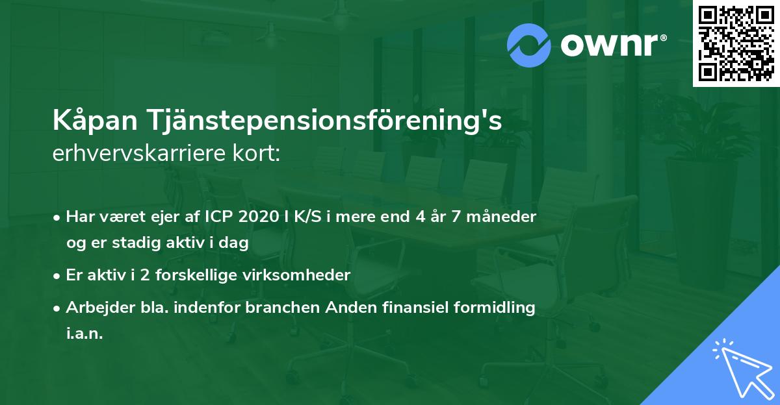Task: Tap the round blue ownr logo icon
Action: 529,45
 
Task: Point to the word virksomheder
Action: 304,275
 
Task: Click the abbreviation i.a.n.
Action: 84,334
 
